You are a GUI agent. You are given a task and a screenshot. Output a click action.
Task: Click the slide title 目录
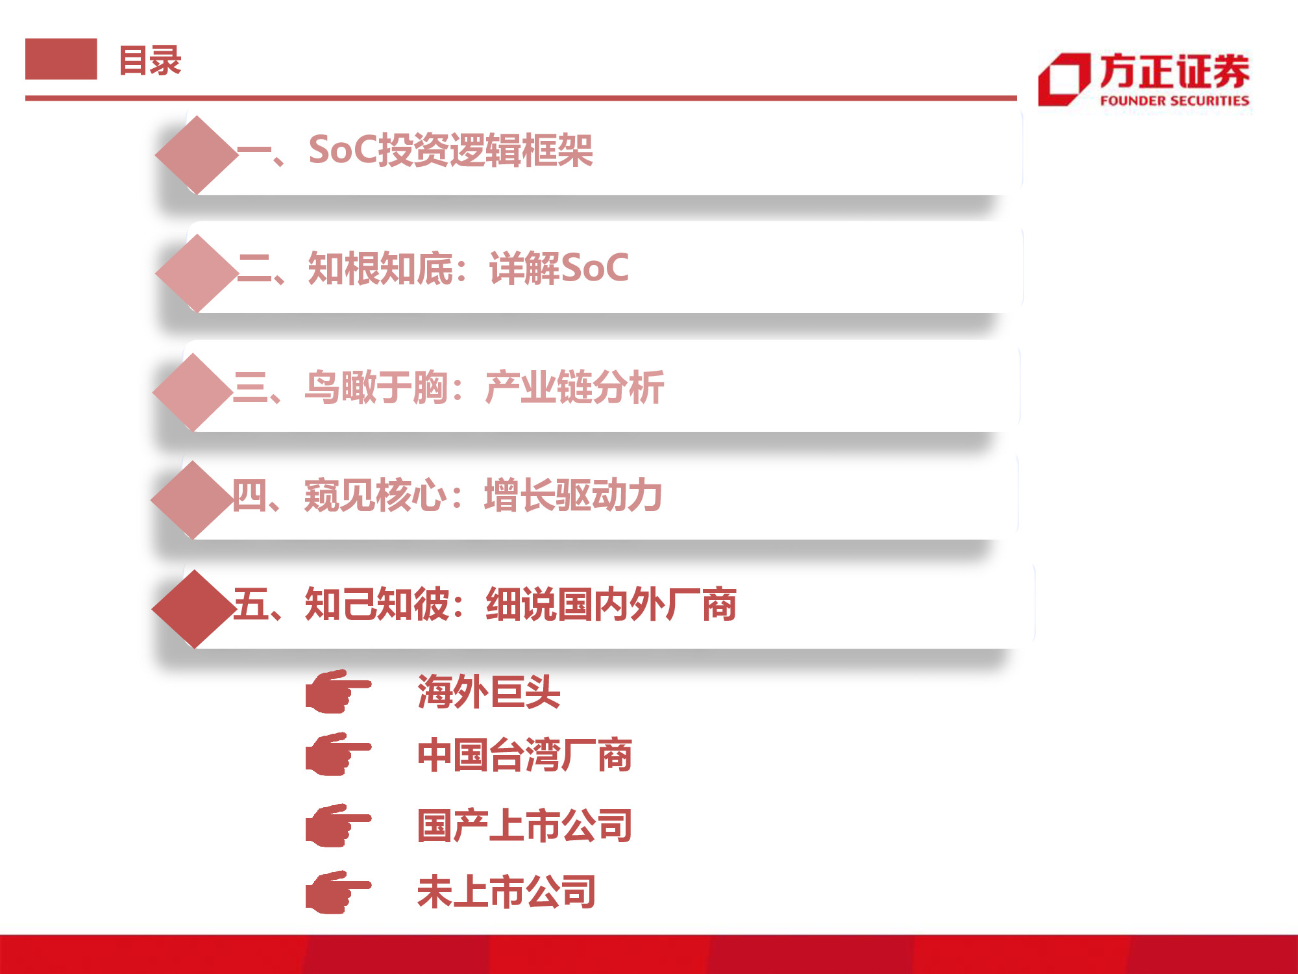150,61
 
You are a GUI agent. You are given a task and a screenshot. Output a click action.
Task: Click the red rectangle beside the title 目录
61,59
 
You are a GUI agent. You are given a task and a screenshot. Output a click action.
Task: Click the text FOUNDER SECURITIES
1174,101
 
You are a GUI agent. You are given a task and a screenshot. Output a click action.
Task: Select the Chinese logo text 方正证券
1174,71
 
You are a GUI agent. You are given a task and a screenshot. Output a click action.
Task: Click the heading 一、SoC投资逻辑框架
415,151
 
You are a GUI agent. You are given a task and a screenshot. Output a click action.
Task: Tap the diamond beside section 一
196,155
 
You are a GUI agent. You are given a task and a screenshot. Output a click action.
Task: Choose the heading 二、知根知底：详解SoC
433,268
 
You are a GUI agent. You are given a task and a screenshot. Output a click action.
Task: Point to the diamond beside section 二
196,273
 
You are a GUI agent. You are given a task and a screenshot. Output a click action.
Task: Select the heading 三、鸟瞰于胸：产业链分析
448,388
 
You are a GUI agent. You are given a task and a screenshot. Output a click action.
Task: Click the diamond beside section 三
193,392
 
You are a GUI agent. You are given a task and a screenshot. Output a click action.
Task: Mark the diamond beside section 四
191,499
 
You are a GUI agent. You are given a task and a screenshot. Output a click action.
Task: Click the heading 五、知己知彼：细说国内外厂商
484,605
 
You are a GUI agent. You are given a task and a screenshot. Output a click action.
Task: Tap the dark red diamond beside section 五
193,608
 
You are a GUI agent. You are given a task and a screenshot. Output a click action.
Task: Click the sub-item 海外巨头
489,692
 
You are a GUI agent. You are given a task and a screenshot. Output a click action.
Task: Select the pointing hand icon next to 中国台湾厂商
337,754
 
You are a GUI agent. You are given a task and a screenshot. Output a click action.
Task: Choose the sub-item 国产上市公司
524,826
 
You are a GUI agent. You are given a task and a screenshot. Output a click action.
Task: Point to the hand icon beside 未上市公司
337,892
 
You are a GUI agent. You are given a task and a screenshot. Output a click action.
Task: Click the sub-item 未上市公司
506,892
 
